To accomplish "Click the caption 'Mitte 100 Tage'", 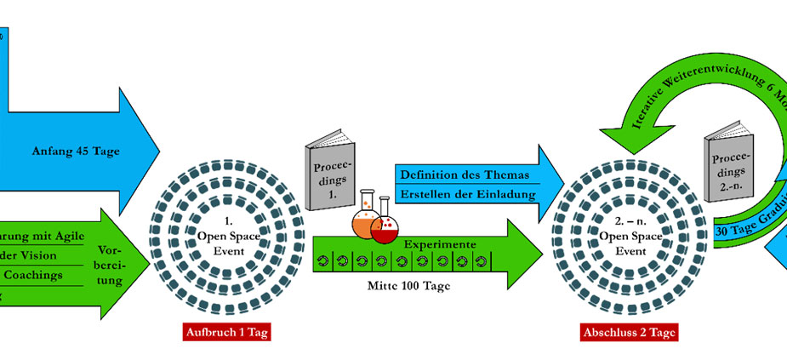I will pyautogui.click(x=410, y=286).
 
